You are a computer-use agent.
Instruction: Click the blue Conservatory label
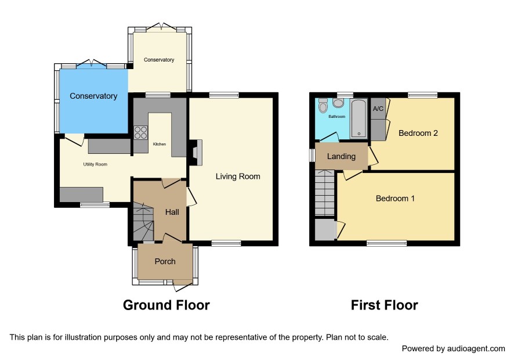coord(93,96)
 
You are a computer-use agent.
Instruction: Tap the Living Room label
coord(238,177)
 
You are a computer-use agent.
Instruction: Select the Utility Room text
coord(95,164)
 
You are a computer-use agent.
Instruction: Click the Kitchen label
coord(160,144)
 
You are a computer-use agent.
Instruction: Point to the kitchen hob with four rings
coord(140,132)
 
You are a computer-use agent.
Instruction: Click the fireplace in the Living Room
coord(196,153)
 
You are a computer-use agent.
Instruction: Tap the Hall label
coord(172,213)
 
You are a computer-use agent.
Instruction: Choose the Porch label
coord(165,261)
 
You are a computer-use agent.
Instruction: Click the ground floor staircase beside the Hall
coord(143,221)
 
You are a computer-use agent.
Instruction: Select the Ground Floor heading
coord(166,305)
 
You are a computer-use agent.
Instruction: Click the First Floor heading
coord(384,305)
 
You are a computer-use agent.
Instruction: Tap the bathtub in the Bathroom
coord(359,118)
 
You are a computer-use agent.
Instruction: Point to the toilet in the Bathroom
coord(323,105)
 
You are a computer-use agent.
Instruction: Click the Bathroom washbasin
coord(338,103)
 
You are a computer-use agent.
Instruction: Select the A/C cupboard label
coord(378,109)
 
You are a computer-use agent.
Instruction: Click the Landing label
coord(341,157)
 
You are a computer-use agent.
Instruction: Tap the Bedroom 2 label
coord(418,133)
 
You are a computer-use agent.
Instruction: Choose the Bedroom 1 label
coord(395,199)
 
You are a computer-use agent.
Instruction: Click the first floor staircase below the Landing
coord(324,193)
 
